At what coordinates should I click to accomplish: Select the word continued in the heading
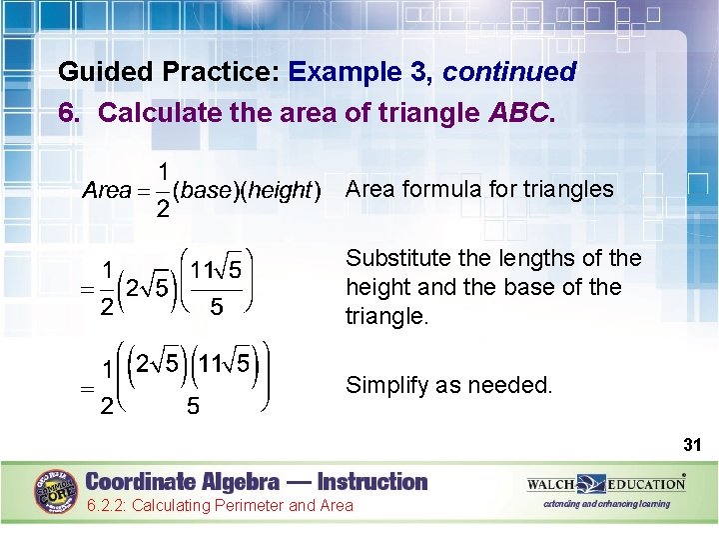coord(509,73)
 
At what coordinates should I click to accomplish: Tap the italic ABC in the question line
coord(517,113)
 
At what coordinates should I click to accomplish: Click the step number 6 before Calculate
coord(68,113)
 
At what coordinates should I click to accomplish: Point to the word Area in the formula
coord(107,190)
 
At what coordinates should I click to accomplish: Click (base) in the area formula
coord(200,190)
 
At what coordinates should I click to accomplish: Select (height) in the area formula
coord(276,190)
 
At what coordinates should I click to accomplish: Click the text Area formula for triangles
coord(479,189)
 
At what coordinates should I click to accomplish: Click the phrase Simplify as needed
coord(448,385)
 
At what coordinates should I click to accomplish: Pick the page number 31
coord(692,443)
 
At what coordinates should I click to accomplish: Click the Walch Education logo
coord(606,484)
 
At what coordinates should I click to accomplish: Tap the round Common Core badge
coord(57,491)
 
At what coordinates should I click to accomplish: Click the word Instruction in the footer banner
coord(363,481)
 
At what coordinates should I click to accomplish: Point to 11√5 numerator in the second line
coord(216,270)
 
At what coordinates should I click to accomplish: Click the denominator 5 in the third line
coord(193,407)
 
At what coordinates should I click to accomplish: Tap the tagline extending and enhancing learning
coord(606,504)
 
